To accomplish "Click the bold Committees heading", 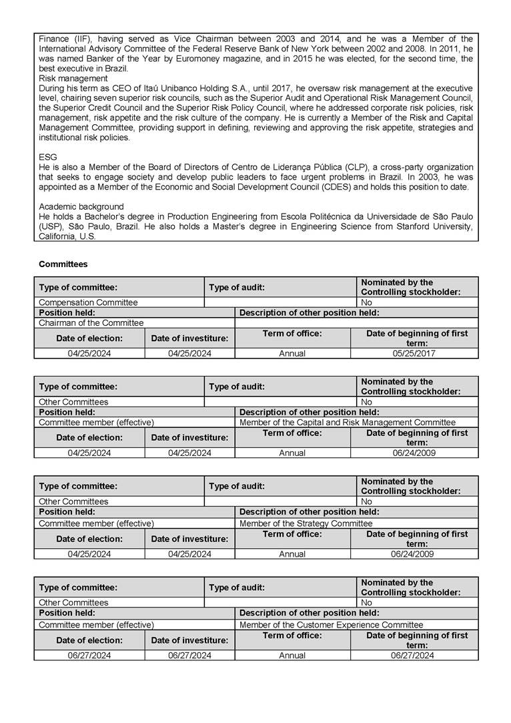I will point(63,264).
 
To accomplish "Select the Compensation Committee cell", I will point(88,302).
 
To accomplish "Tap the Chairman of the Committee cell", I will point(91,323).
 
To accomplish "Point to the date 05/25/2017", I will point(413,353).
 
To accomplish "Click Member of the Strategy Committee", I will point(306,523).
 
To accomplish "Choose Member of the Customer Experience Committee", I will point(331,625).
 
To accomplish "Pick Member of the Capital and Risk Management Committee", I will point(347,423).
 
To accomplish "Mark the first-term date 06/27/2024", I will point(413,656).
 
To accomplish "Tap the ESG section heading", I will point(48,157).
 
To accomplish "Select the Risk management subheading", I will point(73,78).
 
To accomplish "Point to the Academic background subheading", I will point(81,206).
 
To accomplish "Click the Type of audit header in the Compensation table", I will point(237,287).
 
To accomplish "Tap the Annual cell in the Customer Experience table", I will point(292,656).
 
